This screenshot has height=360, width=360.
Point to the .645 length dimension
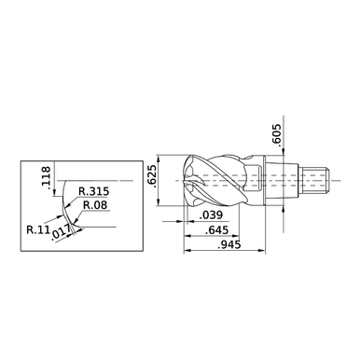pos(216,229)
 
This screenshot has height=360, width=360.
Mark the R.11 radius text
pos(38,226)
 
